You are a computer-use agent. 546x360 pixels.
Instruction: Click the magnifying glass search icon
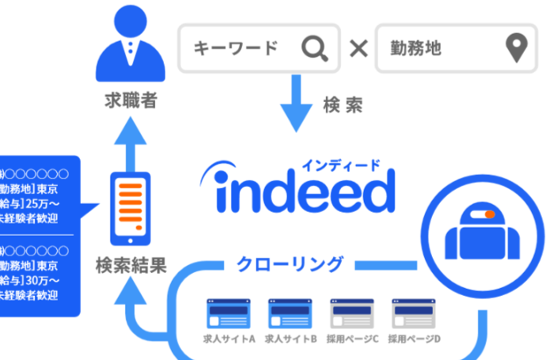(314, 49)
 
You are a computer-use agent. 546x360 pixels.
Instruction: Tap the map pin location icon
(517, 48)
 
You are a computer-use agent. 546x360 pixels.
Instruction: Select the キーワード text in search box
(236, 49)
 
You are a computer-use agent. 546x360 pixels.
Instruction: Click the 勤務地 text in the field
(415, 49)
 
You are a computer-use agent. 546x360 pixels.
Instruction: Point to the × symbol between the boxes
(358, 49)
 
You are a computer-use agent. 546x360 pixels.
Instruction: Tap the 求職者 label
(131, 101)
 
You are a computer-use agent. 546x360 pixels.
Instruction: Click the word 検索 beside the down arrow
(343, 104)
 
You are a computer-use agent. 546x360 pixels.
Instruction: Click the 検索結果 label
(131, 265)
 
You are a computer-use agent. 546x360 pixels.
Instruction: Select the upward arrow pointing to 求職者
(131, 143)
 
